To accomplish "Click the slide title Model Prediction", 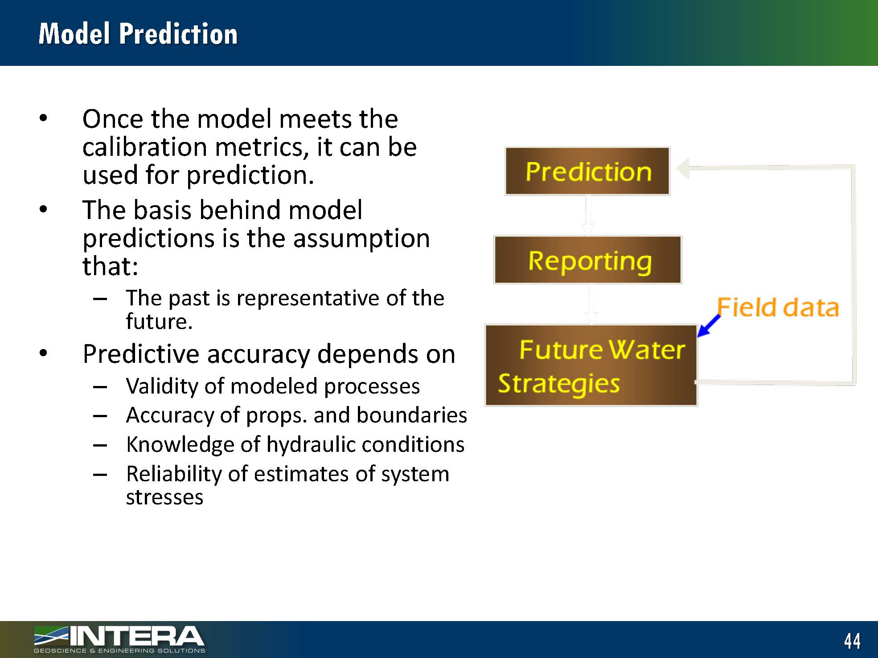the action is (138, 33).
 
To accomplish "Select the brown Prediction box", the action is (587, 171).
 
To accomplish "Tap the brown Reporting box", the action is (588, 260).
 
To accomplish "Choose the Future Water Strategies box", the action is (591, 365).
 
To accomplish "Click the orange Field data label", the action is (778, 307).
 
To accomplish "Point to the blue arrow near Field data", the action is (709, 325).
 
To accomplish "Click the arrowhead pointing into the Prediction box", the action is (683, 168).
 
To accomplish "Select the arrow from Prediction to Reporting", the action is (588, 215).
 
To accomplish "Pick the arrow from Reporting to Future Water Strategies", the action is (591, 304).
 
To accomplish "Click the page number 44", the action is (852, 641).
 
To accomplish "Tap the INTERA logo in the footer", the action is (119, 639).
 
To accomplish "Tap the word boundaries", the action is (412, 415).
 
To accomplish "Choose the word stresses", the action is (164, 497).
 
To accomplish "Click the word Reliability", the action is (174, 474).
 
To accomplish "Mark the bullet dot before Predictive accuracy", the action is (43, 353).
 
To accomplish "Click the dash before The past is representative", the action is (100, 299).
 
